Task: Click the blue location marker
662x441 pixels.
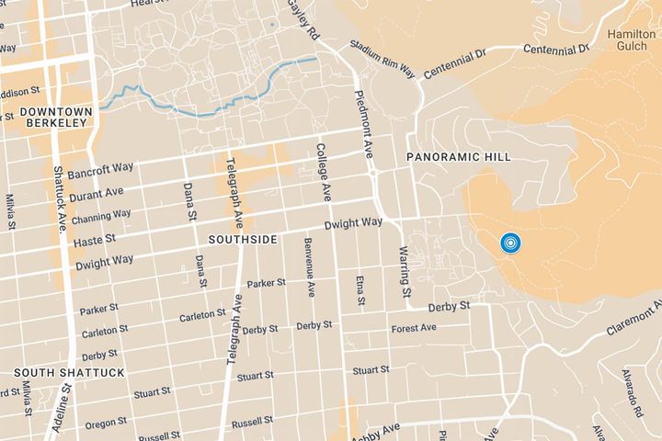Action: pos(510,243)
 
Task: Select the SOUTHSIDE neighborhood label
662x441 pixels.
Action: pos(243,239)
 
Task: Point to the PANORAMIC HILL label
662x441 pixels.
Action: pos(459,158)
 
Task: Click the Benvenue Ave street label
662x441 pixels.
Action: pos(311,270)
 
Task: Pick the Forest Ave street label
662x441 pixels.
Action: pos(413,329)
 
